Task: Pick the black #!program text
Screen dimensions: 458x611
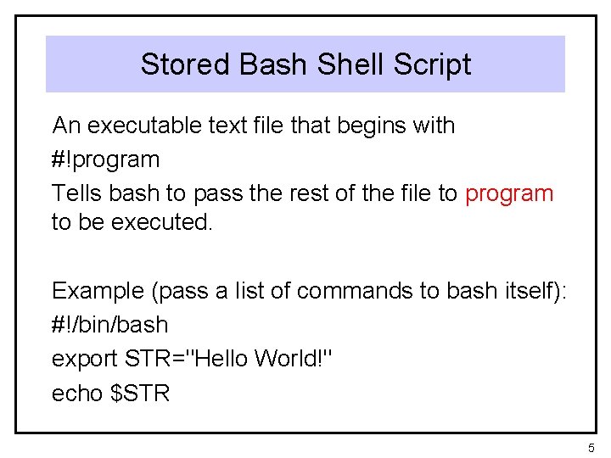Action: pos(105,159)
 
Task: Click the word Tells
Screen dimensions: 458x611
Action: pos(77,193)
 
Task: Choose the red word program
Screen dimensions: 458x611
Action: pos(509,193)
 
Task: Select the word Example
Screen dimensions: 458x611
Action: pos(98,291)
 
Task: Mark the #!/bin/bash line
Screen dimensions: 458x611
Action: pos(110,325)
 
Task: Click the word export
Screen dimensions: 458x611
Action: pos(85,359)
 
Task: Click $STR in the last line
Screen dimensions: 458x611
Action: pos(141,393)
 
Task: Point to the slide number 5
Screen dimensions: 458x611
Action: pos(591,446)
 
